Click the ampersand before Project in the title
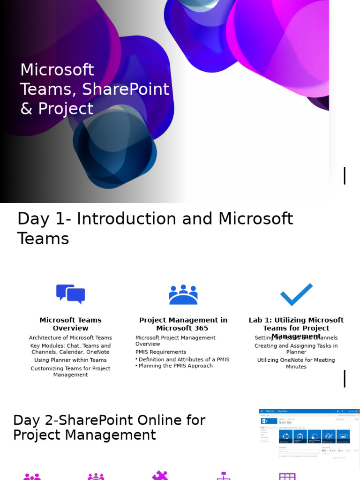[26, 109]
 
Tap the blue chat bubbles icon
[70, 294]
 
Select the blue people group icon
[183, 294]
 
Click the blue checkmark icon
[296, 294]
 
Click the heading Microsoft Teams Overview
[70, 324]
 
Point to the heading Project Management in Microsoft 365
[183, 324]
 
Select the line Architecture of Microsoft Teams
[70, 337]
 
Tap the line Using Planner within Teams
[70, 360]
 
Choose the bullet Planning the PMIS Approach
[176, 366]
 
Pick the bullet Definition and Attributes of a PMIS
[184, 360]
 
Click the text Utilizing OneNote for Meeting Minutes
[296, 363]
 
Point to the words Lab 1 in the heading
[259, 320]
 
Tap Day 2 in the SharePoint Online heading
[30, 420]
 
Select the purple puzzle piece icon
[160, 475]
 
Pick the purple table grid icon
[287, 476]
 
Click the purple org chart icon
[224, 476]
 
